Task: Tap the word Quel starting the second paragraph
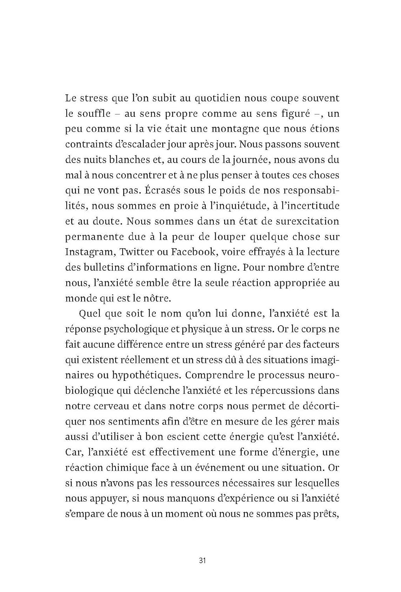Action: (90, 314)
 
